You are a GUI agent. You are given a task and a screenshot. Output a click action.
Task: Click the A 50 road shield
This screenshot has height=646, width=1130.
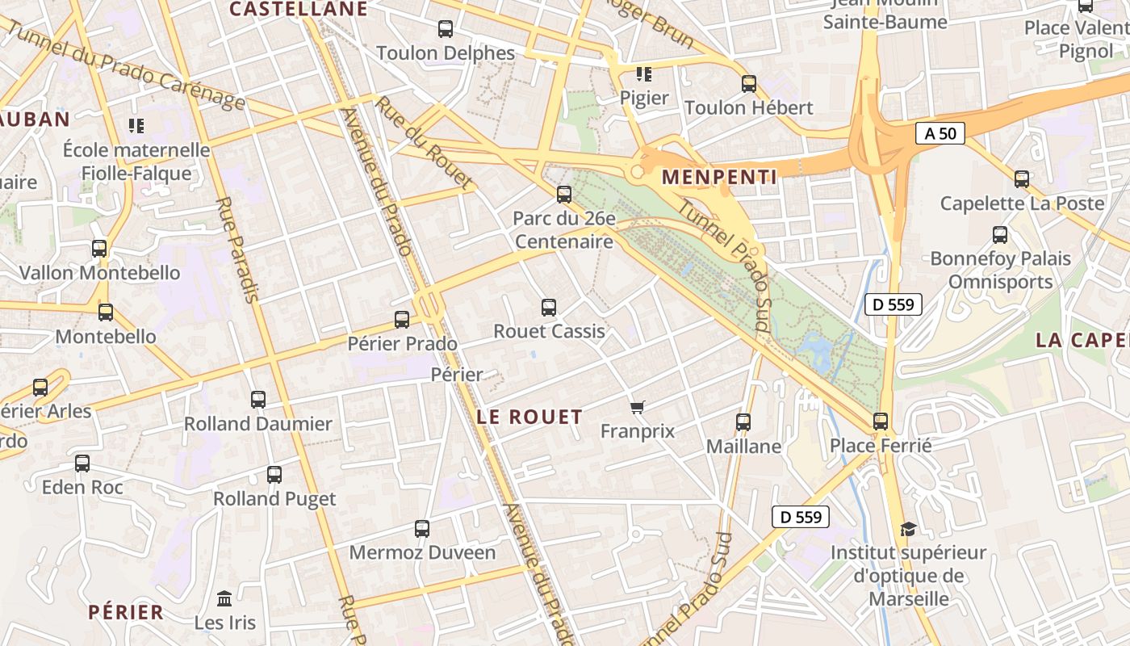pos(940,133)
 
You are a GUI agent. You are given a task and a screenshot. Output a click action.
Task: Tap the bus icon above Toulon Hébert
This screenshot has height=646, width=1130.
pos(749,84)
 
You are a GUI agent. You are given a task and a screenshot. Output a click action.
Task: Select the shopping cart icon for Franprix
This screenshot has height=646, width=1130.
pos(638,407)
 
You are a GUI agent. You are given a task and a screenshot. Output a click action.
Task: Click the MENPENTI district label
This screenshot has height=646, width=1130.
pos(719,177)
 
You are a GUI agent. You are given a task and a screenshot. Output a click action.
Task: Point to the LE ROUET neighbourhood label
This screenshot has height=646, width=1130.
pos(529,417)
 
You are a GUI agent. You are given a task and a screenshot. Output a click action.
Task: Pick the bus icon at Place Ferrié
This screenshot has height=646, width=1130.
pos(881,422)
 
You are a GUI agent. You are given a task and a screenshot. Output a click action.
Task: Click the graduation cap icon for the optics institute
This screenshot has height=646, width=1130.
pos(909,529)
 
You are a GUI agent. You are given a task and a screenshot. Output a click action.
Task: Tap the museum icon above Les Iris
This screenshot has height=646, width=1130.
pos(224,599)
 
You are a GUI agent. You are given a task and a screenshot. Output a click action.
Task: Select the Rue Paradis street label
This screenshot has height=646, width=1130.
pos(237,250)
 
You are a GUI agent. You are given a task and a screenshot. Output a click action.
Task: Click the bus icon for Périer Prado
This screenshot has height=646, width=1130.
pos(402,320)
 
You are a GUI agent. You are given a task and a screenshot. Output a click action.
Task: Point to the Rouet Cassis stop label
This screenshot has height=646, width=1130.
pos(549,331)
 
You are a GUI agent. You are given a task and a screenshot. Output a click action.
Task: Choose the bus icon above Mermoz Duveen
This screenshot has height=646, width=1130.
pos(422,529)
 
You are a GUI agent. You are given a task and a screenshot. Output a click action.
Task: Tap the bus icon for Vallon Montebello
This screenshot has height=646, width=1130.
pos(99,249)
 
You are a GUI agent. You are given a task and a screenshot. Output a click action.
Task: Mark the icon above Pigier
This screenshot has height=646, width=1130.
pos(643,74)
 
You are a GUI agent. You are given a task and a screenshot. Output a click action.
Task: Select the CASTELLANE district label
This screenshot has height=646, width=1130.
pos(299,9)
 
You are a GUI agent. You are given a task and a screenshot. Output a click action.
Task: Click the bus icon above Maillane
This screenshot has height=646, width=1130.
pos(743,422)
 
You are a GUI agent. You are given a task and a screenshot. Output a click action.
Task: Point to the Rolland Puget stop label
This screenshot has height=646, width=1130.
pos(274,498)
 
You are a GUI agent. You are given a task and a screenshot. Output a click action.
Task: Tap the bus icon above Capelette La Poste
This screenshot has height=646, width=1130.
pos(1022,179)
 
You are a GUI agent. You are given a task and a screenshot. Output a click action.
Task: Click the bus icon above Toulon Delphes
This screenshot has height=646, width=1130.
pos(446,29)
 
